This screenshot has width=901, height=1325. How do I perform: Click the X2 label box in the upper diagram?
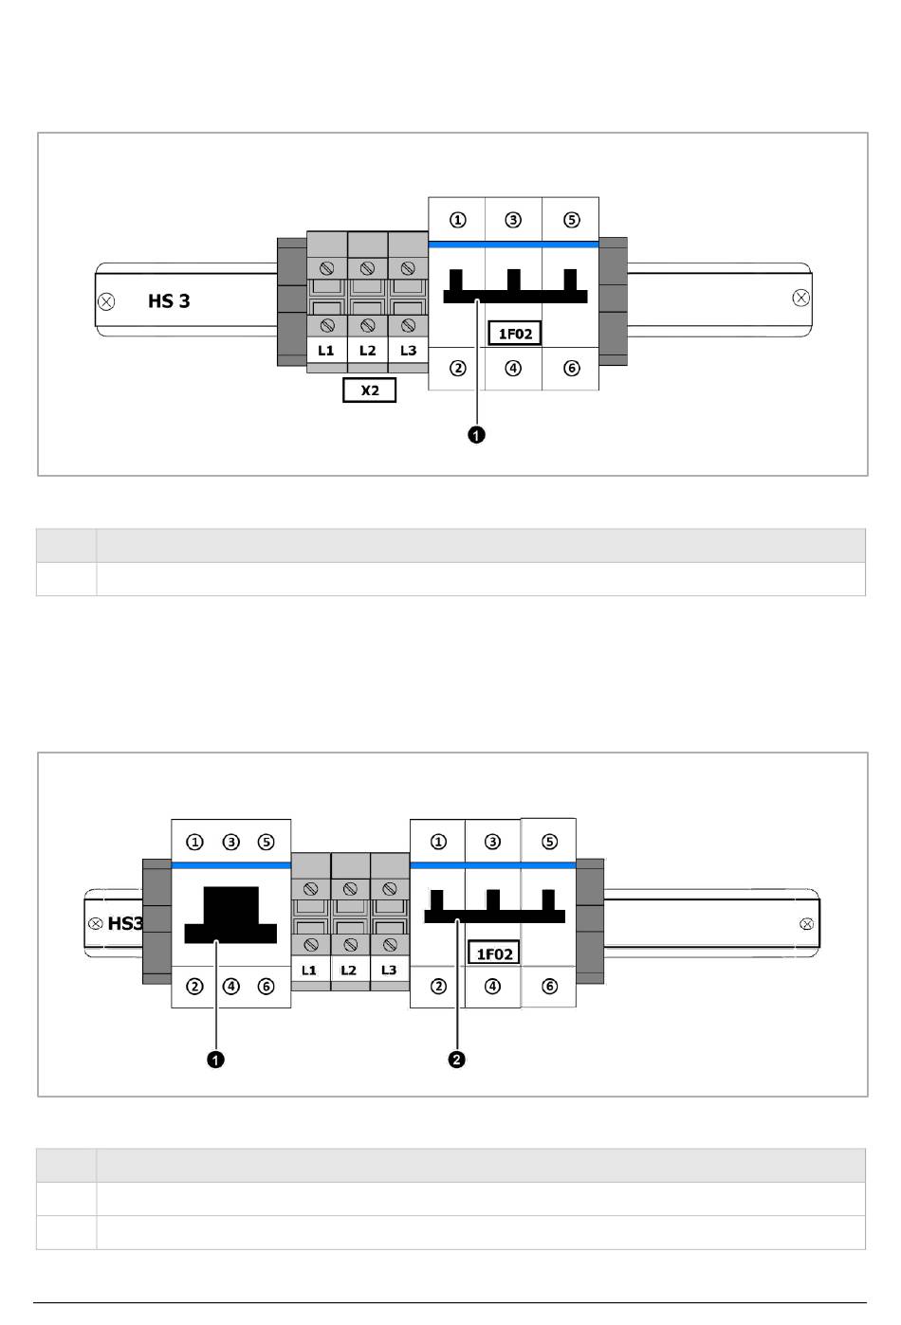pyautogui.click(x=369, y=390)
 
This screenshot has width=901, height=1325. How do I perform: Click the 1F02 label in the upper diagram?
pyautogui.click(x=515, y=334)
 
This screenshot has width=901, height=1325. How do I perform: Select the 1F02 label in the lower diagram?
pyautogui.click(x=494, y=953)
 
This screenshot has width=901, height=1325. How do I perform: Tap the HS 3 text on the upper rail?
pyautogui.click(x=169, y=301)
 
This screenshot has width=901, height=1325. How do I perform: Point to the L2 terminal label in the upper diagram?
pyautogui.click(x=367, y=351)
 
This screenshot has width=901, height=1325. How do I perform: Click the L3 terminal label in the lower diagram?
pyautogui.click(x=389, y=971)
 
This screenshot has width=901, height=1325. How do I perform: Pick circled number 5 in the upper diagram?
pyautogui.click(x=571, y=220)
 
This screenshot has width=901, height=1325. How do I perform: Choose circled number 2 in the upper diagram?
pyautogui.click(x=457, y=368)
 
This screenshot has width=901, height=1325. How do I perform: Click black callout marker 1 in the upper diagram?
pyautogui.click(x=476, y=434)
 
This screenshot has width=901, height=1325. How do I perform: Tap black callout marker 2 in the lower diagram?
pyautogui.click(x=457, y=1060)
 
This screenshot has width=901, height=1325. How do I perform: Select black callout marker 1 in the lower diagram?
pyautogui.click(x=215, y=1060)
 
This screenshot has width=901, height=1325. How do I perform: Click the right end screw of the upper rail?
pyautogui.click(x=800, y=298)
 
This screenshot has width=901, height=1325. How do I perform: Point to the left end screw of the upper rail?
pyautogui.click(x=106, y=302)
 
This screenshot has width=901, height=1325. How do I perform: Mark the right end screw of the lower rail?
pyautogui.click(x=806, y=924)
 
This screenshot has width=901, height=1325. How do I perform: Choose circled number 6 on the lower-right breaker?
pyautogui.click(x=549, y=987)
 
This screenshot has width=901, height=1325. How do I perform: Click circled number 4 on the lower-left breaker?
pyautogui.click(x=230, y=987)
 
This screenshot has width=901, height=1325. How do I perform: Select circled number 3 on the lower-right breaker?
pyautogui.click(x=492, y=842)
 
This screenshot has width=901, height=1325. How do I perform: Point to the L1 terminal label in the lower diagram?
pyautogui.click(x=309, y=971)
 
